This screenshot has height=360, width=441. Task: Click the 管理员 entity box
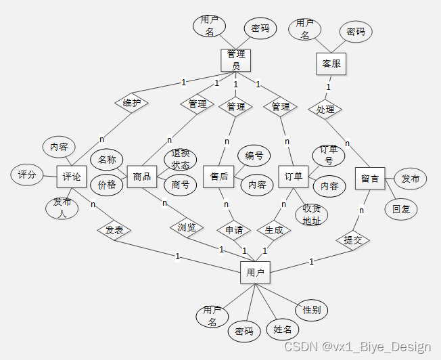pos(235,60)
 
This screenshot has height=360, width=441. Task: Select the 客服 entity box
pos(331,64)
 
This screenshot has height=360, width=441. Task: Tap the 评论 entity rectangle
pos(72,177)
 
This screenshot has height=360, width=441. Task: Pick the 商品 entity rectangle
pos(142,177)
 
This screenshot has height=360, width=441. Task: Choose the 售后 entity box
pos(218,177)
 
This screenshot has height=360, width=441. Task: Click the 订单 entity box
pos(293,177)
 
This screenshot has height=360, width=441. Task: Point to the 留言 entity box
pos(369,179)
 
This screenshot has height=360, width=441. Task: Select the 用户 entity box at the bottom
pos(255,273)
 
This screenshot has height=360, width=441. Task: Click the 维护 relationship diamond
pos(131,103)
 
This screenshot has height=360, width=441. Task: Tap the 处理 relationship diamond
pos(325,108)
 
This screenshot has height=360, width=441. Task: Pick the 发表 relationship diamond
pos(114,230)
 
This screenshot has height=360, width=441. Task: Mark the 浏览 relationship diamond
pos(186,227)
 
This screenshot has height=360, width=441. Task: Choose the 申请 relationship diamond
pos(234,230)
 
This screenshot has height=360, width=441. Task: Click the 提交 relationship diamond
pos(352,240)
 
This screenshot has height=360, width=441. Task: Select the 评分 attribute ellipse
pos(26,175)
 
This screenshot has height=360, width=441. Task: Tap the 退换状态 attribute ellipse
pos(181,160)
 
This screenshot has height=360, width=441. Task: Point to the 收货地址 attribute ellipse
pos(311,214)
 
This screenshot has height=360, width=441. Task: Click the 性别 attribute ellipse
pos(312,310)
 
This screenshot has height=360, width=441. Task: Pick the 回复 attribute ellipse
pos(401,209)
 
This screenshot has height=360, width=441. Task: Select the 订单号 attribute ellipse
pos(328,155)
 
